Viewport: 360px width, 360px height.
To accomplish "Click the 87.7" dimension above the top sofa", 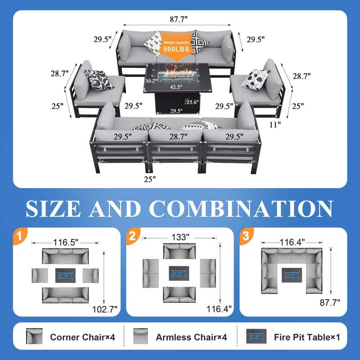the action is [x=179, y=19].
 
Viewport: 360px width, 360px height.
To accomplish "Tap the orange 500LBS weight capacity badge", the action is [x=176, y=46].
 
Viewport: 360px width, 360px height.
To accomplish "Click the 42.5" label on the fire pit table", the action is [x=176, y=87].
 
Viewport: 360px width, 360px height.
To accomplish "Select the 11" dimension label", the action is [x=275, y=125].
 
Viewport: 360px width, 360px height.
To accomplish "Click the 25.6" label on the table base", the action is [x=193, y=102].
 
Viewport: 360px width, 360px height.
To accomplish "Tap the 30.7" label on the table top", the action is [x=151, y=81].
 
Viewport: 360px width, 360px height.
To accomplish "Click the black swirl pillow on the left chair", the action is [x=99, y=80].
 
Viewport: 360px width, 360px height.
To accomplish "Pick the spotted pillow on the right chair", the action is [x=255, y=80].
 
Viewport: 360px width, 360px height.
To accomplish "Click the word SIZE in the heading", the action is [x=53, y=209].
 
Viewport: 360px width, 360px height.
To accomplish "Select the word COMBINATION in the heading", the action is [x=241, y=209].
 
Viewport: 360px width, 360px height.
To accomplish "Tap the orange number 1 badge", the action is [x=20, y=236].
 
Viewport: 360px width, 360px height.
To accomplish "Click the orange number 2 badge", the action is [x=133, y=236].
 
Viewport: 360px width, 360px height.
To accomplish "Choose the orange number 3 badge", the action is [x=246, y=236].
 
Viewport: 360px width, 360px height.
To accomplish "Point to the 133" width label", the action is [x=180, y=237].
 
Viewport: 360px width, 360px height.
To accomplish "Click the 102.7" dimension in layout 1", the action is [x=105, y=309].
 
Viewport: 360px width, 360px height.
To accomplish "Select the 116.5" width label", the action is [x=66, y=242].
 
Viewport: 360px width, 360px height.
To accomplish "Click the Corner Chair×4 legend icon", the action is [x=34, y=336].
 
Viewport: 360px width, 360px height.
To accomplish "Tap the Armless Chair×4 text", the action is [x=192, y=337].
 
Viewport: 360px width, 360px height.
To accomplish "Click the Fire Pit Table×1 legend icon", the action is [x=256, y=336].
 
